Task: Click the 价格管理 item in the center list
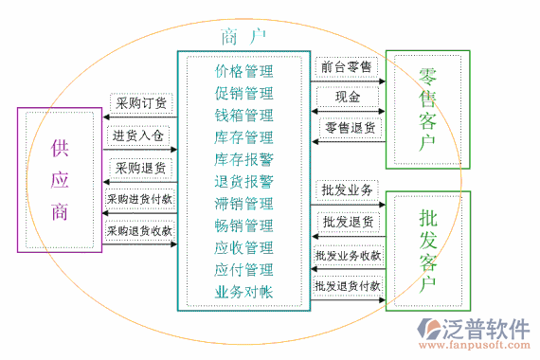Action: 243,71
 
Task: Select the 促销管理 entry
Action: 243,93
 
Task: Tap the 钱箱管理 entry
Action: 243,116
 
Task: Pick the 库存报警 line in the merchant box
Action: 243,159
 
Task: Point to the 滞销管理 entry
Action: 243,204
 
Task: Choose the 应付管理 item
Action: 243,270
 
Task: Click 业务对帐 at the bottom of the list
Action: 243,292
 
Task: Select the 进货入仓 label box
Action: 138,135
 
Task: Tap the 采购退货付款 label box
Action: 140,199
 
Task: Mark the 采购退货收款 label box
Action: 140,230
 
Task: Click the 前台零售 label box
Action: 346,67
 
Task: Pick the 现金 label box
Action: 347,97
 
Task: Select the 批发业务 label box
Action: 347,190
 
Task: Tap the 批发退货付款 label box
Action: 347,284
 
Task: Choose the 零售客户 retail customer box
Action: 426,109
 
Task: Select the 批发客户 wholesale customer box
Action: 427,250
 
